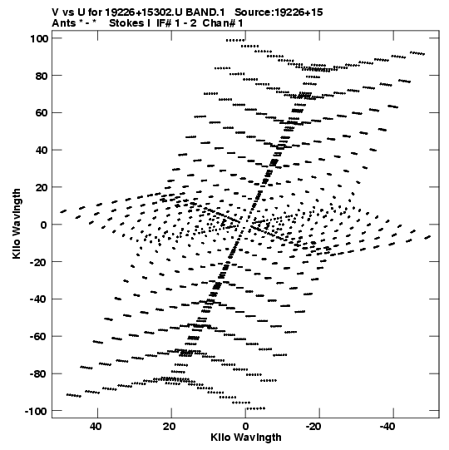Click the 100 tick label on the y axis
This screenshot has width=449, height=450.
pos(39,38)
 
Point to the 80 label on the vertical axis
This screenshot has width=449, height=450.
pos(42,76)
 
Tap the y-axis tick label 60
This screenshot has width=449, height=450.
pos(42,113)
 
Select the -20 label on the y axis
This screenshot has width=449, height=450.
pos(39,262)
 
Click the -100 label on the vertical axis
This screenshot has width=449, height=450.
pos(36,411)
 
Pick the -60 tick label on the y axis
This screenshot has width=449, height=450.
pos(39,336)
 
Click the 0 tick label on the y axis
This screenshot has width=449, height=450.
pos(44,225)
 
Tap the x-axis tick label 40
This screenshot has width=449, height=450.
pos(96,427)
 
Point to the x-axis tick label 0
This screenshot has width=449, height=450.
pos(245,427)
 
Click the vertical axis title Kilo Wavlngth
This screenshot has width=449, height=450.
pos(17,224)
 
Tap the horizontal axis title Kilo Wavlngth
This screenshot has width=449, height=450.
pos(246,438)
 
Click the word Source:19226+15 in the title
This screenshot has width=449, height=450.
pos(279,12)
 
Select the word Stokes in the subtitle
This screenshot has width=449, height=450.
pos(127,23)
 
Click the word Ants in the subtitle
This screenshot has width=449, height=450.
pos(64,23)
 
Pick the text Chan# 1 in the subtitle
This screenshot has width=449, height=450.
pos(223,23)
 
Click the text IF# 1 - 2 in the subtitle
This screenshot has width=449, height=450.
pos(176,23)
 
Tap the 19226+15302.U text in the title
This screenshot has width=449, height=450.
pos(144,12)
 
